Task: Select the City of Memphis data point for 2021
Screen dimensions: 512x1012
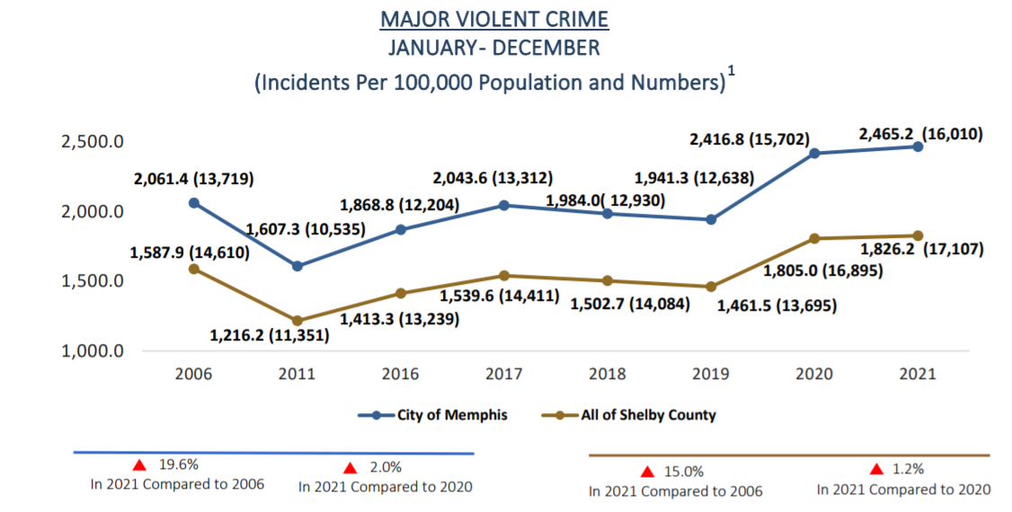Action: click(x=918, y=146)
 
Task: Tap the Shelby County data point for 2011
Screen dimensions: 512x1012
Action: click(x=297, y=321)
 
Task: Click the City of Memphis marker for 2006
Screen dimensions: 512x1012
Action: click(x=193, y=203)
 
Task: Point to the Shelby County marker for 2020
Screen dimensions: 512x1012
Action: click(x=814, y=239)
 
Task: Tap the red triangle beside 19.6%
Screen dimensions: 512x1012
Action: click(x=139, y=465)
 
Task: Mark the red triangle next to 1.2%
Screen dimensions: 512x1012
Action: click(x=877, y=469)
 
